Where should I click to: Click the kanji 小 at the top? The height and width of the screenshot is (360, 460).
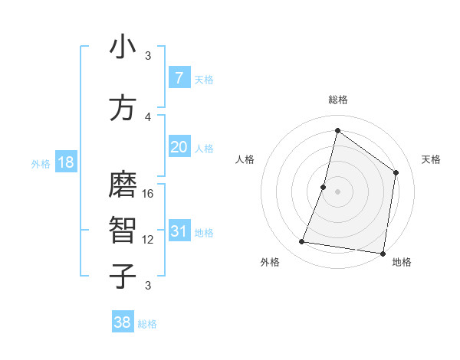click(122, 47)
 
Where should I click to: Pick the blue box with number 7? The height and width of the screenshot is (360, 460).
click(179, 78)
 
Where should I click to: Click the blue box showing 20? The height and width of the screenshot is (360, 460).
click(179, 147)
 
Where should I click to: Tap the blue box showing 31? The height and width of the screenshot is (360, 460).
click(179, 231)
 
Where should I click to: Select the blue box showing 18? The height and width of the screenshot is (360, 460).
click(65, 162)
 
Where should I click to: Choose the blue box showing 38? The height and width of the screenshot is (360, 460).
click(123, 322)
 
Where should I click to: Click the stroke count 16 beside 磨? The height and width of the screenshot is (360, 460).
click(148, 194)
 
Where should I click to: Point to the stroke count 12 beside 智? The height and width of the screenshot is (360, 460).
click(148, 240)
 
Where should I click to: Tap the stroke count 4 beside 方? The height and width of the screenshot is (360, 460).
click(148, 116)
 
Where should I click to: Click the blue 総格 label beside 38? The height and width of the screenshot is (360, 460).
click(147, 324)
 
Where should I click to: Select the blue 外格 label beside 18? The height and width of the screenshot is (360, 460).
click(41, 163)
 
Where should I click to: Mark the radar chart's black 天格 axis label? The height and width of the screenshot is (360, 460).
click(431, 159)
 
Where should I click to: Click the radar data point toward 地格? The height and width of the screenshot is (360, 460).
click(383, 253)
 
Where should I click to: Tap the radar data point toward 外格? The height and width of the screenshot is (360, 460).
click(302, 242)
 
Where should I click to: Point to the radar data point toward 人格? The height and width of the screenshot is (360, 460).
click(324, 187)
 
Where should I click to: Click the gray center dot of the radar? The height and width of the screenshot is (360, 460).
click(337, 191)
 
